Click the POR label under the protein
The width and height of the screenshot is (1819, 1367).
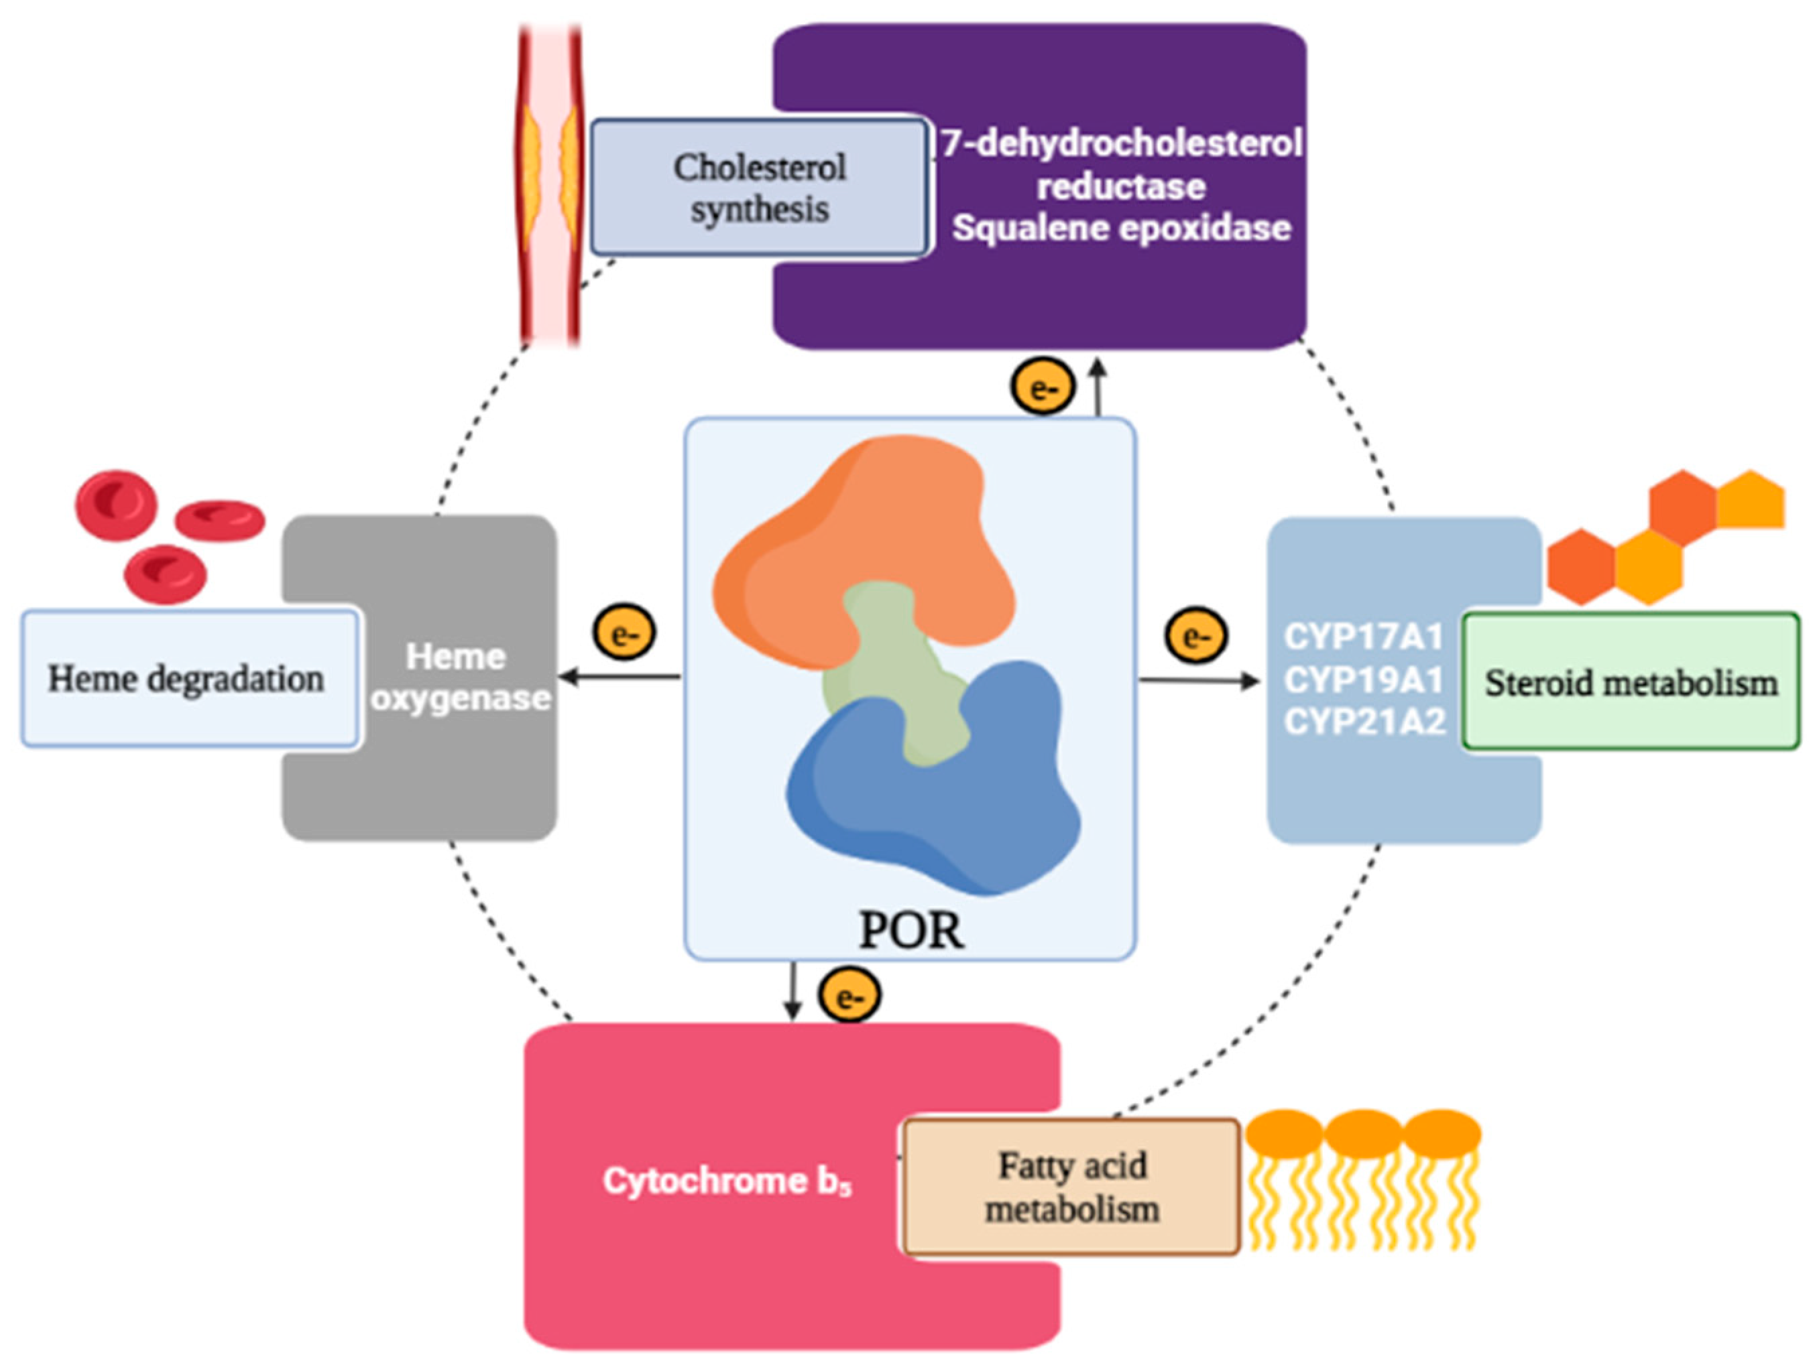coord(911,931)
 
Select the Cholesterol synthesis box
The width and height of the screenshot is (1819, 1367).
coord(760,188)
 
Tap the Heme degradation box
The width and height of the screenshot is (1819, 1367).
coord(188,679)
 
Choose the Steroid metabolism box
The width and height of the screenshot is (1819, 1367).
coord(1631,682)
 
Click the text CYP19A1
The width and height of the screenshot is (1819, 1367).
coord(1364,679)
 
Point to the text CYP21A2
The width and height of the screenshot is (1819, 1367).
coord(1364,722)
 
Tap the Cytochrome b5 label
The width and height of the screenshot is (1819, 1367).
coord(727,1181)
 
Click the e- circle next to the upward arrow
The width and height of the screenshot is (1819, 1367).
coord(1043,387)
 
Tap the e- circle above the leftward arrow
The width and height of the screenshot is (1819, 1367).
coord(624,633)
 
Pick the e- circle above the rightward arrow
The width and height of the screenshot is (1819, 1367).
coord(1195,635)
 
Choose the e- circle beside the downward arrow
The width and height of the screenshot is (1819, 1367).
coord(849,996)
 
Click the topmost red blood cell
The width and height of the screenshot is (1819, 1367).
coord(116,505)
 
